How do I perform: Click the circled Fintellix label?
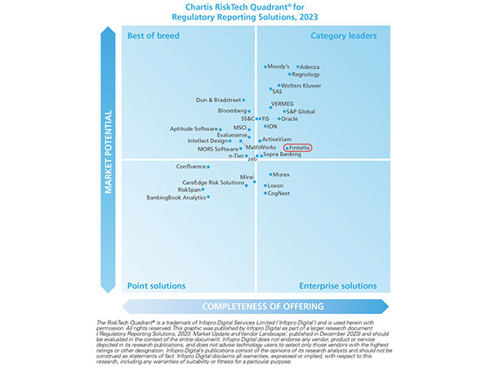pos(297,147)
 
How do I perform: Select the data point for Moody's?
pos(265,66)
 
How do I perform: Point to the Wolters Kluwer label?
pos(301,85)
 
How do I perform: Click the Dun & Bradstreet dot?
pos(243,101)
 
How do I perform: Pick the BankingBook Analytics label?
pos(176,197)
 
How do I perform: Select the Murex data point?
pos(271,174)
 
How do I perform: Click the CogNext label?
pos(279,194)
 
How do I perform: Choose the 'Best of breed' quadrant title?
pos(154,36)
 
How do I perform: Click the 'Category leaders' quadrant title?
pos(342,36)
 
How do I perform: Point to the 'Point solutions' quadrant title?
pos(156,286)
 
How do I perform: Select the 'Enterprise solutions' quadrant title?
pos(336,286)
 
